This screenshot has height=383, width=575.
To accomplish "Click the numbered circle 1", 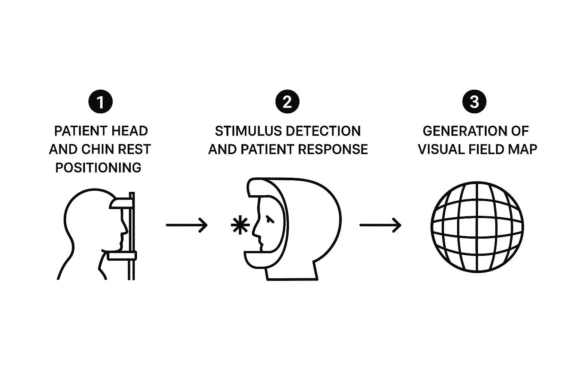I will pyautogui.click(x=100, y=102).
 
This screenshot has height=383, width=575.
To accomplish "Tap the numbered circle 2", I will pyautogui.click(x=287, y=102).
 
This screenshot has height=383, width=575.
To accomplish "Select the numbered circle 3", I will pyautogui.click(x=474, y=102).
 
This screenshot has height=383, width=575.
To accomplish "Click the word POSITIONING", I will pyautogui.click(x=98, y=168).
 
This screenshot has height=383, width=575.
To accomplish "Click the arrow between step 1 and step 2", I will pyautogui.click(x=186, y=225).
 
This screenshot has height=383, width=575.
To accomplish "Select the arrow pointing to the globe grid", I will pyautogui.click(x=380, y=225).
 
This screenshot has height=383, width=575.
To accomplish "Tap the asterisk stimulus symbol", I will pyautogui.click(x=240, y=225).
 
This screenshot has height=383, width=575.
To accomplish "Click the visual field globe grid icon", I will pyautogui.click(x=477, y=227).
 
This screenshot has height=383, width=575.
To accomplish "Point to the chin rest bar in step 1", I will pyautogui.click(x=121, y=256).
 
